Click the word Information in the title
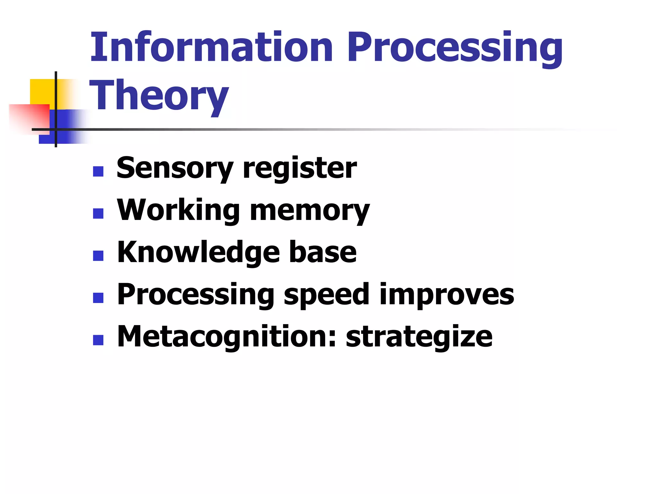(x=211, y=48)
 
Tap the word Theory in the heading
(x=159, y=96)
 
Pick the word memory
(x=310, y=211)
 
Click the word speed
(x=326, y=295)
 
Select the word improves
(x=447, y=295)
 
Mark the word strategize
(x=419, y=337)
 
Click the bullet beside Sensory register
(x=98, y=171)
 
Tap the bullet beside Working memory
(x=98, y=214)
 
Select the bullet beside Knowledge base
(x=98, y=256)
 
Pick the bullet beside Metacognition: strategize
(x=98, y=340)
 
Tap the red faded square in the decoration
(x=31, y=117)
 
